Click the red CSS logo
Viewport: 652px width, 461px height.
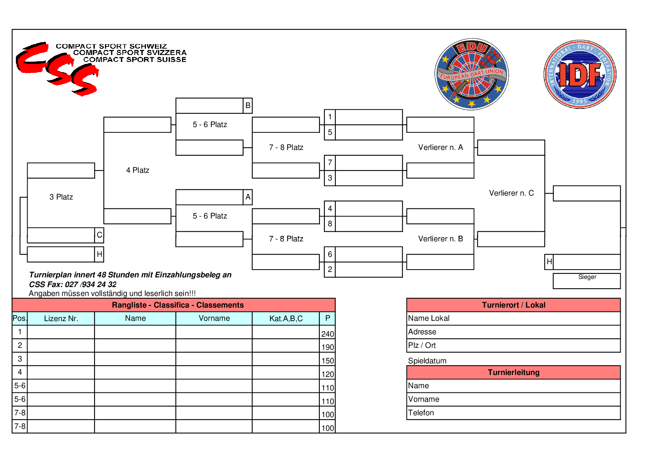58,69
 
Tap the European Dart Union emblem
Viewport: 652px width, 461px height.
472,74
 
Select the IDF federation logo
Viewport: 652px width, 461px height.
580,74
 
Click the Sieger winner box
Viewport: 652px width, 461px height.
587,281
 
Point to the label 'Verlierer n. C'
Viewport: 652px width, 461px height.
511,193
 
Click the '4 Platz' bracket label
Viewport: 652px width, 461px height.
137,170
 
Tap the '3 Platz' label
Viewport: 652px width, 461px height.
61,197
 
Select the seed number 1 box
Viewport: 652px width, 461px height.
330,117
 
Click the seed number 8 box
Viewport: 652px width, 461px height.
330,224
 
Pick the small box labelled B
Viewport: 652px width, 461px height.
248,105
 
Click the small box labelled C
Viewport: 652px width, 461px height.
100,235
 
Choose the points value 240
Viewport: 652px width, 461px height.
328,334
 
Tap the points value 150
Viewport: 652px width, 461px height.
328,361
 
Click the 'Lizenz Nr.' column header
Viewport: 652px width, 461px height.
61,318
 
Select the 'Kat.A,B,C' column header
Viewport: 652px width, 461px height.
286,318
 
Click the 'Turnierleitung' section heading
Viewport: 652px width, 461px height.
513,372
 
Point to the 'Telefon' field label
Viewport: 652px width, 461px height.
421,413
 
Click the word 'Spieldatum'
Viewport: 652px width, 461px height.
427,361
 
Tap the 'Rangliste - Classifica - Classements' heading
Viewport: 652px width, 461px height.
178,305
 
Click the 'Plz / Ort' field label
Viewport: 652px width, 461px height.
422,345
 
